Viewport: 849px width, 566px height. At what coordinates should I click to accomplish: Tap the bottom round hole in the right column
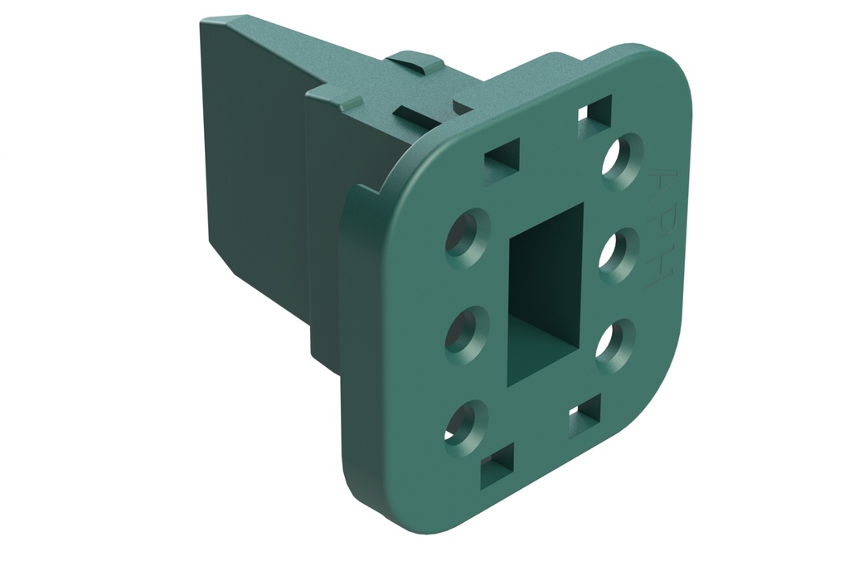pyautogui.click(x=614, y=344)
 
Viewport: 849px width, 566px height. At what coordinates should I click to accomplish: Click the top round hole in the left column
pyautogui.click(x=467, y=236)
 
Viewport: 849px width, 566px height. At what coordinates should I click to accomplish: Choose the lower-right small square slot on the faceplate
pyautogui.click(x=585, y=415)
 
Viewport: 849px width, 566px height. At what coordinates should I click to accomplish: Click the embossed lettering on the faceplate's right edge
pyautogui.click(x=661, y=229)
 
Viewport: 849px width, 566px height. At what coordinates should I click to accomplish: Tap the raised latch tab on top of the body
pyautogui.click(x=415, y=61)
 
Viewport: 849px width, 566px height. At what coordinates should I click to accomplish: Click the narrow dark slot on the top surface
pyautogui.click(x=416, y=114)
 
